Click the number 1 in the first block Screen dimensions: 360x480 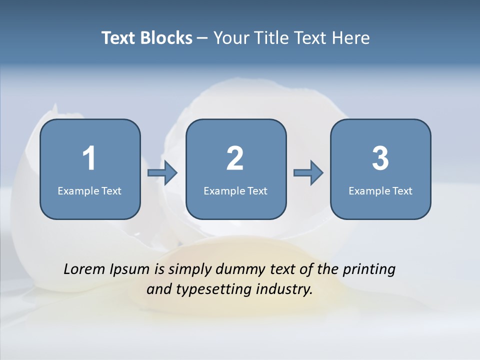point(89,158)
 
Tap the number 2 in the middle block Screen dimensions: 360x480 point(235,158)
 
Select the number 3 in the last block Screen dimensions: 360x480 point(380,158)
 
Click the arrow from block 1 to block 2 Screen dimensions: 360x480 point(163,173)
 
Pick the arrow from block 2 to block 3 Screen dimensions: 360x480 point(308,173)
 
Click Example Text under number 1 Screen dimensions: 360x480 point(89,190)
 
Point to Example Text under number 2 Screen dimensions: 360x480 point(235,190)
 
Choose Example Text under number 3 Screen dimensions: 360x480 point(380,190)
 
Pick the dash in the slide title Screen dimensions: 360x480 point(202,38)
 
